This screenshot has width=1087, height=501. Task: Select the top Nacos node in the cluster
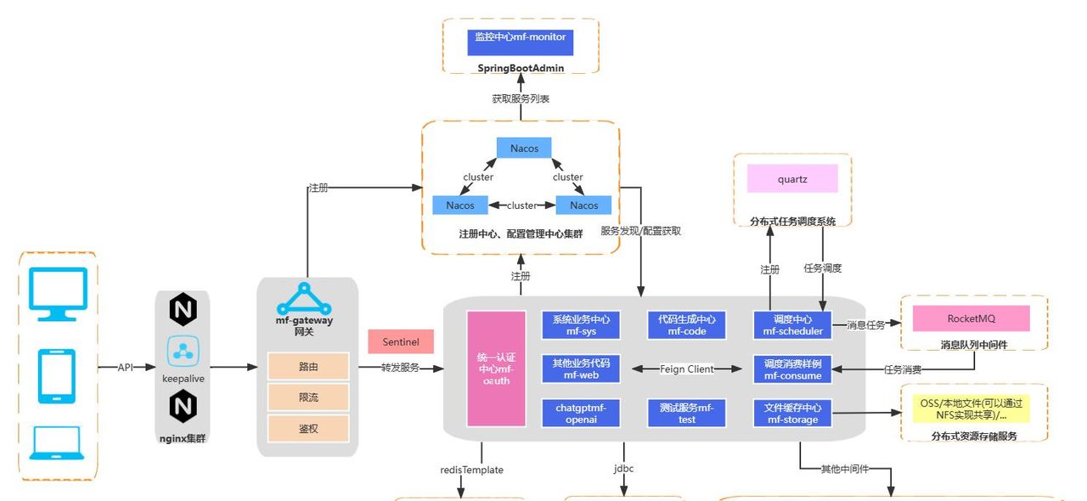pyautogui.click(x=524, y=149)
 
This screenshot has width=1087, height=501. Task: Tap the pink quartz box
pyautogui.click(x=792, y=179)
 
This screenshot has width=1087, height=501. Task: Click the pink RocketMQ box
pyautogui.click(x=971, y=318)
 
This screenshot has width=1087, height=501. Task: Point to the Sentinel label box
pyautogui.click(x=400, y=341)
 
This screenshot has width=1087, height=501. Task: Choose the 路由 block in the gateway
pyautogui.click(x=308, y=366)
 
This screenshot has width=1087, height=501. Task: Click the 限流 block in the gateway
pyautogui.click(x=308, y=397)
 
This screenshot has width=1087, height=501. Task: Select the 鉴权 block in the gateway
pyautogui.click(x=308, y=428)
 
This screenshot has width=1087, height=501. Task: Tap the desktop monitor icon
pyautogui.click(x=58, y=294)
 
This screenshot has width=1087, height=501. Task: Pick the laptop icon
pyautogui.click(x=58, y=442)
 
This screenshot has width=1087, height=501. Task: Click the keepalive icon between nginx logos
pyautogui.click(x=183, y=351)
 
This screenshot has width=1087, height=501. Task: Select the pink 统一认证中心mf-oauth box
pyautogui.click(x=496, y=369)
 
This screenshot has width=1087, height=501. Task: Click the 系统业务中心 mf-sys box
pyautogui.click(x=581, y=325)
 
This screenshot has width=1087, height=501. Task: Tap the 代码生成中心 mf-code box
pyautogui.click(x=686, y=325)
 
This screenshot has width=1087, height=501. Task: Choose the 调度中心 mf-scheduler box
pyautogui.click(x=791, y=325)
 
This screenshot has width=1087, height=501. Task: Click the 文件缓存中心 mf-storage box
pyautogui.click(x=791, y=414)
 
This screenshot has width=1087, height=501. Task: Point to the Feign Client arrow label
pyautogui.click(x=686, y=369)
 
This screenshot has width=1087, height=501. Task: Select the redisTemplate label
pyautogui.click(x=471, y=469)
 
